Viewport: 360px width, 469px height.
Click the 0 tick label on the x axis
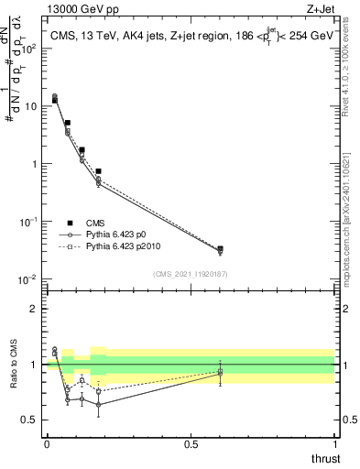pos(47,444)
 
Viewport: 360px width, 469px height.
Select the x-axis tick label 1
pos(333,444)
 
